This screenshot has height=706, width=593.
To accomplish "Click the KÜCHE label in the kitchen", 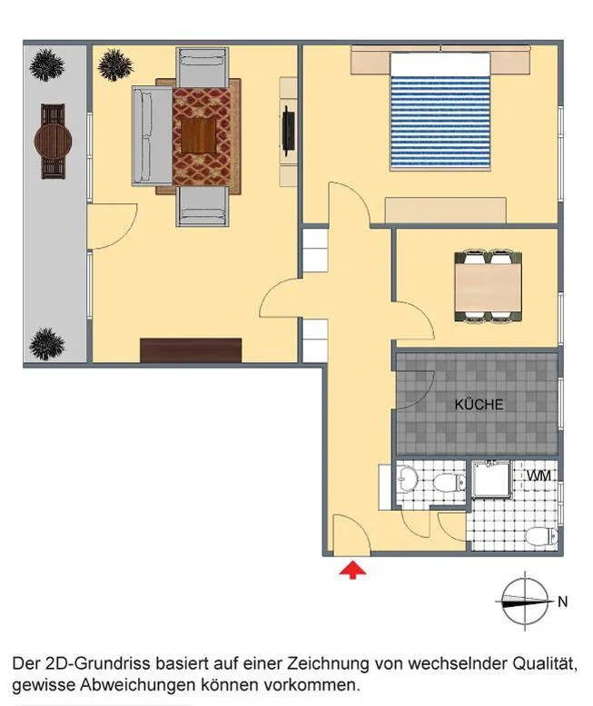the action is [479, 405].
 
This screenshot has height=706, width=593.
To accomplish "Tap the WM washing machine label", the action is [539, 476].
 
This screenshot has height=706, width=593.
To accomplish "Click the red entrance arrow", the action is [353, 569].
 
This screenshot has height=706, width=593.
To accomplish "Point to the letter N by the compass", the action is [562, 602].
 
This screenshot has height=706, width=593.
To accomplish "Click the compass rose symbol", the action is [525, 601].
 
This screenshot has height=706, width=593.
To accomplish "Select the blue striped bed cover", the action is [440, 123].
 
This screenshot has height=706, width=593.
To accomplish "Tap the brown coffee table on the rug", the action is [198, 134].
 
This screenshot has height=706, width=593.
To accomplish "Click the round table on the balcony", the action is [54, 141].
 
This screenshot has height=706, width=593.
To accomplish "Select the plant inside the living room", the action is [115, 64].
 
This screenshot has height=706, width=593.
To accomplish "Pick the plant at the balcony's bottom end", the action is [47, 344].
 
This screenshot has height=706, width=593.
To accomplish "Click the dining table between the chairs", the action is [488, 287].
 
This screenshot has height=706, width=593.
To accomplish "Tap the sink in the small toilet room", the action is [409, 479].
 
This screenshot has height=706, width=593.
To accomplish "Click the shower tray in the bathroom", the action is [491, 478].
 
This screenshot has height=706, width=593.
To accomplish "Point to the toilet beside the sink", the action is [449, 483].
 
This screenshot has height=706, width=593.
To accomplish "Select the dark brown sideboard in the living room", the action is [191, 350].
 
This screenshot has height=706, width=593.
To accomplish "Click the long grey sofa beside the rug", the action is [152, 135].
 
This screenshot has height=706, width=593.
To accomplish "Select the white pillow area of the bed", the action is [440, 64].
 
